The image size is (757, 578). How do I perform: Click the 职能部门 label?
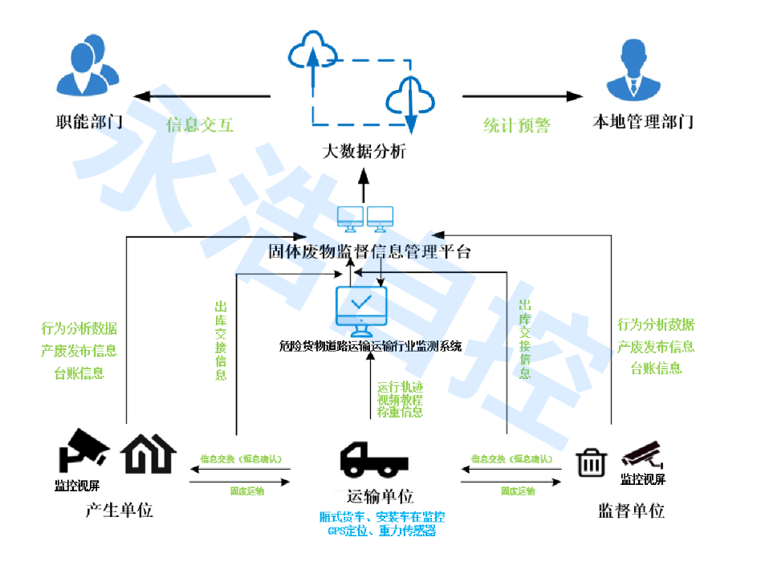click(88, 122)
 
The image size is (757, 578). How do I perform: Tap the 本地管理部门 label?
click(642, 122)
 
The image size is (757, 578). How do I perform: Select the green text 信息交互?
click(200, 125)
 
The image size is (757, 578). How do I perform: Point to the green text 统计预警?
click(516, 125)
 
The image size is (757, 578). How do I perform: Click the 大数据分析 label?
click(364, 151)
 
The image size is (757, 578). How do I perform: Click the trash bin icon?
click(592, 462)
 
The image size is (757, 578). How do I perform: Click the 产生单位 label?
click(119, 511)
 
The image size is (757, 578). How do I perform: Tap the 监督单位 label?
click(631, 511)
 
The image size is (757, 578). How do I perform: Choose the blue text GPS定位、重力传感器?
click(381, 531)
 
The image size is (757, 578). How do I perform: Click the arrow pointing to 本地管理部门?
click(522, 96)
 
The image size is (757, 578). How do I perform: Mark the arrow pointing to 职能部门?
click(201, 96)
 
